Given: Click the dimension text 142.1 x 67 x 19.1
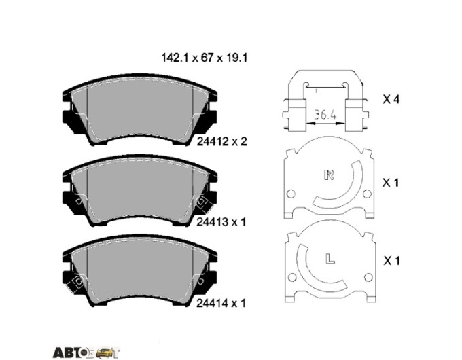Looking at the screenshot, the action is tap(204, 58).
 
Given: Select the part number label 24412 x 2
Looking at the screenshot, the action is tap(221, 142).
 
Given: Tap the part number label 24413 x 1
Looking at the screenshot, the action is tap(221, 222).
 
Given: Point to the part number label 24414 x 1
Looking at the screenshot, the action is tap(221, 303).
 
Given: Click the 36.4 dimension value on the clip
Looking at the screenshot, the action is tap(325, 115).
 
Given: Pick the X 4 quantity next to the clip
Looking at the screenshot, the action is tap(391, 99).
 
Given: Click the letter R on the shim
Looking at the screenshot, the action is tap(329, 175).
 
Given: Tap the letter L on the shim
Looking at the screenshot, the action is tap(330, 258).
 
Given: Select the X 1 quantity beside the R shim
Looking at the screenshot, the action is tap(391, 183).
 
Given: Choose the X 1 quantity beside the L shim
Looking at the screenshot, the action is tap(391, 261).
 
